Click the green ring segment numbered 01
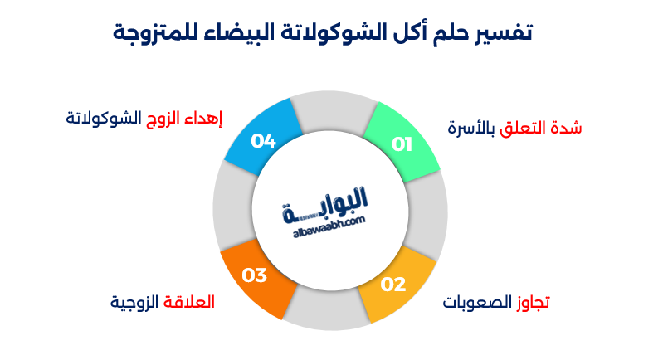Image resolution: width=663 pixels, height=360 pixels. point(402,143)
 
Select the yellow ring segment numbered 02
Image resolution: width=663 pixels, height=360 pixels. point(395,285)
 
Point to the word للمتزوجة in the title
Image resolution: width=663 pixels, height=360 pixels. point(150,33)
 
